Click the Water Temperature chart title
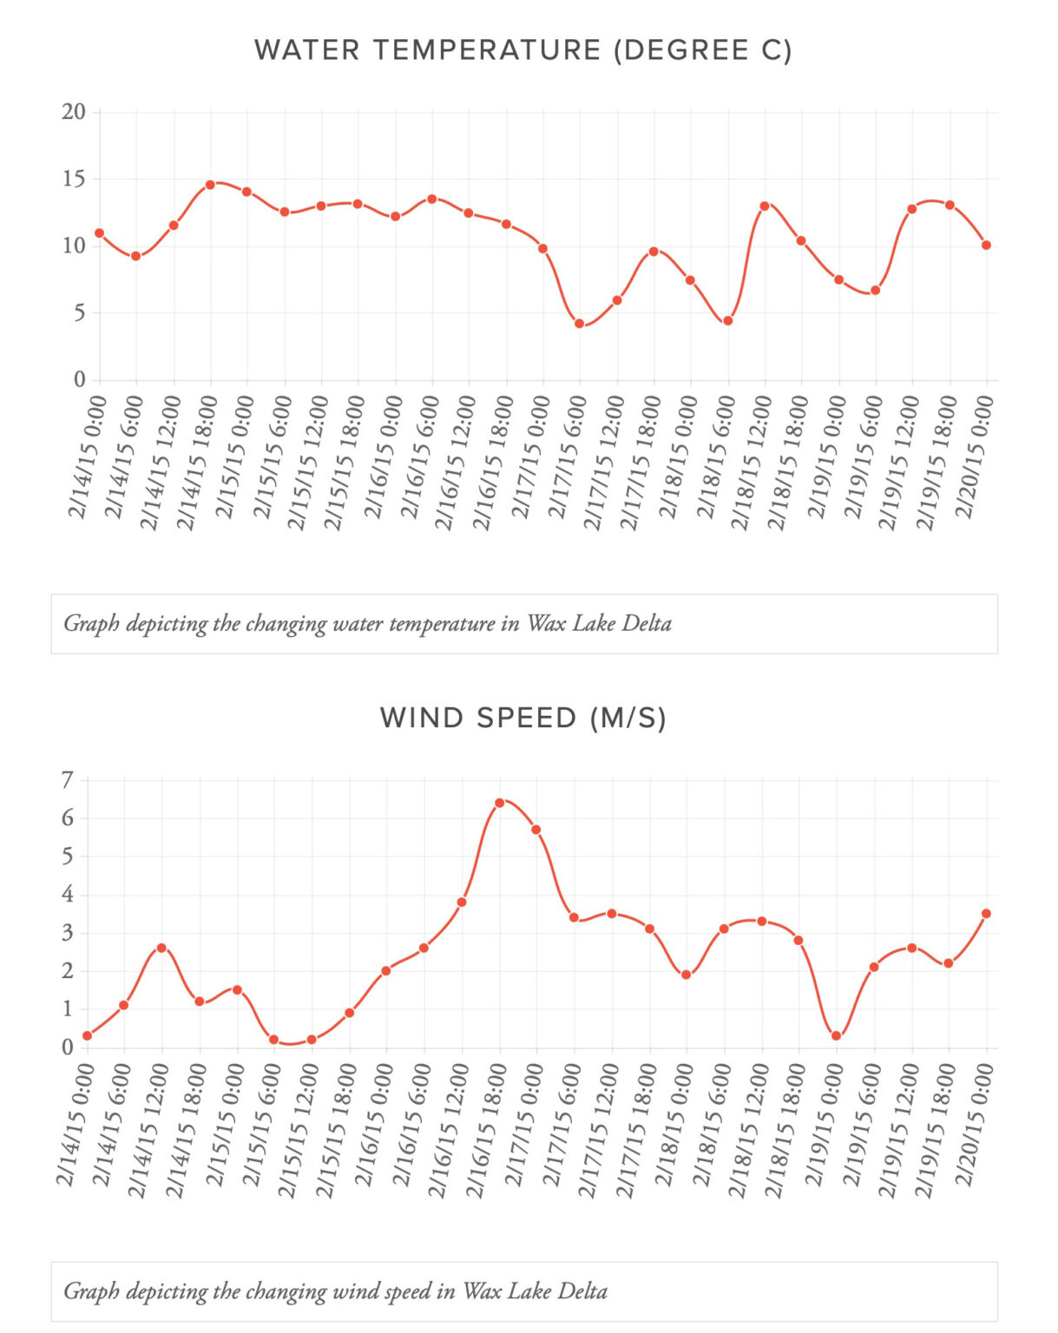click(x=522, y=50)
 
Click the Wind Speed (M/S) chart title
click(x=522, y=719)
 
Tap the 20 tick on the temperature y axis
click(x=74, y=112)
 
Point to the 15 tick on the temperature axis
click(x=74, y=180)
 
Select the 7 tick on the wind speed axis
click(x=68, y=780)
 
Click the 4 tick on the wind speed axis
click(x=68, y=895)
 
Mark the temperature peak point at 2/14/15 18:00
click(x=210, y=185)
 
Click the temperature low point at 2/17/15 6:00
click(x=580, y=324)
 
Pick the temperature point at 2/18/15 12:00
click(x=765, y=206)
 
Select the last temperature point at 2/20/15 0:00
click(x=986, y=246)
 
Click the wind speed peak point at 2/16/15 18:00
click(x=499, y=803)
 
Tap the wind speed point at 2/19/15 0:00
click(x=836, y=1035)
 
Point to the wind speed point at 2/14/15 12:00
click(x=161, y=948)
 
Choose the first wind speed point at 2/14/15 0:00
click(x=87, y=1035)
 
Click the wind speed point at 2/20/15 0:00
click(x=986, y=914)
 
